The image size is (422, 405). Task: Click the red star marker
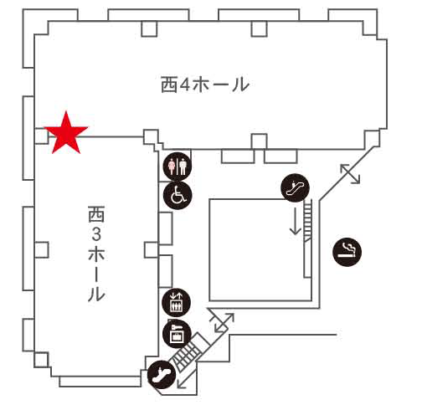66,134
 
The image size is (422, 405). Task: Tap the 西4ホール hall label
205,85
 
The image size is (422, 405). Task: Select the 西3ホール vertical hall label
96,254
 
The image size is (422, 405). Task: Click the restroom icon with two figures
178,167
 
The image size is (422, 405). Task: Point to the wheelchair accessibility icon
178,195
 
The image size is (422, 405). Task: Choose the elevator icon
177,302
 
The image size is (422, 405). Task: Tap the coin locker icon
177,334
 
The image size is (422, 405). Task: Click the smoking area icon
347,253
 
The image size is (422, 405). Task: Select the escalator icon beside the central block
296,187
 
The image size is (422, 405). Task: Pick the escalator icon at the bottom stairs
162,374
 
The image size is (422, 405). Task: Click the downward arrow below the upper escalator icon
296,220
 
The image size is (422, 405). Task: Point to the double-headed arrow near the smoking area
350,174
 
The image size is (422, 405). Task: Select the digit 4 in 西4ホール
184,85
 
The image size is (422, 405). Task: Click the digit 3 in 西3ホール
96,234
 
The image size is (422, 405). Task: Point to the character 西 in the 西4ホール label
169,85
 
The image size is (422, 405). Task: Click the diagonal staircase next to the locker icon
190,351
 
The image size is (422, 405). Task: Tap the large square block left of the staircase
260,250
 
